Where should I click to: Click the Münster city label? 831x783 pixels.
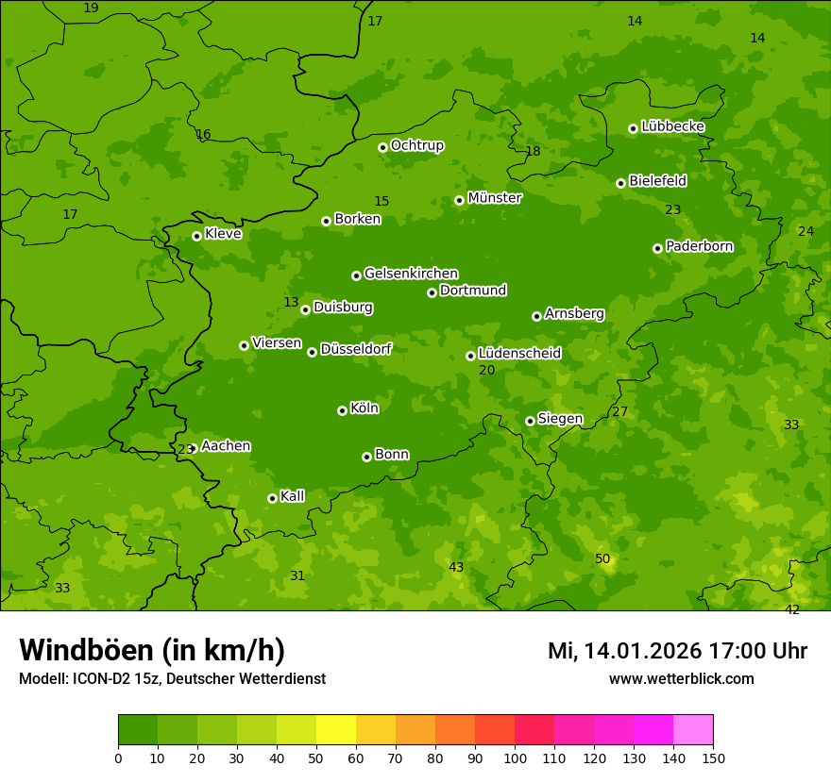494,198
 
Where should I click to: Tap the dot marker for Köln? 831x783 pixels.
342,410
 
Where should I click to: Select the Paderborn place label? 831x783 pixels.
699,246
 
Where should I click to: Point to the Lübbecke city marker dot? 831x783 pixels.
633,128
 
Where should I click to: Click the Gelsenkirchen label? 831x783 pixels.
411,274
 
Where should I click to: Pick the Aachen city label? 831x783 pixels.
226,446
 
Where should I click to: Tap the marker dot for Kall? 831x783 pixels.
272,498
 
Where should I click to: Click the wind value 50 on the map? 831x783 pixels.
602,559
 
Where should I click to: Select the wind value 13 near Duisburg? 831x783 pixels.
291,303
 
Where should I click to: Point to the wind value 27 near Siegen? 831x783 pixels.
619,412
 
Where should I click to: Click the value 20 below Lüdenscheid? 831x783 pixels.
486,371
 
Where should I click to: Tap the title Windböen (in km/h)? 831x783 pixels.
152,650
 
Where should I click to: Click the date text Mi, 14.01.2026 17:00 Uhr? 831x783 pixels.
677,651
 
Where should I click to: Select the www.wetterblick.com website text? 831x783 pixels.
681,678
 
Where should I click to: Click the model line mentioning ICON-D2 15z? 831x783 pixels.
172,679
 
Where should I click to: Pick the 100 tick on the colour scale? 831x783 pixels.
515,758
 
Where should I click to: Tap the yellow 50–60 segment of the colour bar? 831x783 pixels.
336,730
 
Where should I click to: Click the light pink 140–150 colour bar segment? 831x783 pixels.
693,730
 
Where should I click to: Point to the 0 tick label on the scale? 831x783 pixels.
118,758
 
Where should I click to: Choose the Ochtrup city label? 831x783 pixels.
416,145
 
